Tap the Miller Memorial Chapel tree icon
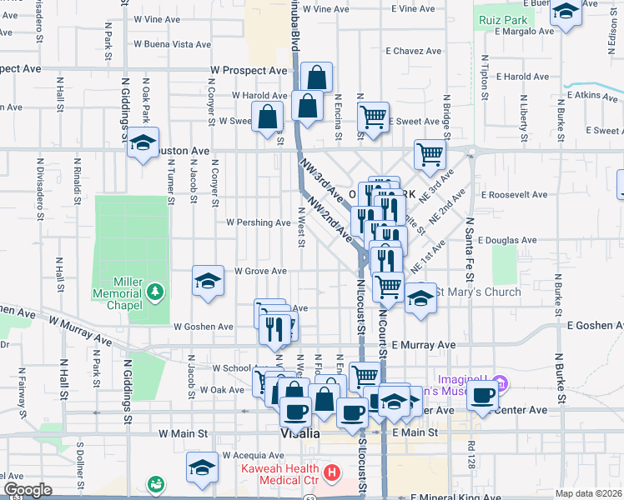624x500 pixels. tap(154, 291)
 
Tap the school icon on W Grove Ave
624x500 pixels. tap(208, 281)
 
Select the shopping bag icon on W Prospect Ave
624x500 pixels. tap(317, 78)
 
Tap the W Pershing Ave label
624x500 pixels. tap(259, 222)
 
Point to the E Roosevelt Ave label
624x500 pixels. tap(515, 194)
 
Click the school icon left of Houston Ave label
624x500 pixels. tap(143, 143)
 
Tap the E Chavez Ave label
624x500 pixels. tap(413, 51)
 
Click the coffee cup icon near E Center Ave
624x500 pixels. tap(482, 395)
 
